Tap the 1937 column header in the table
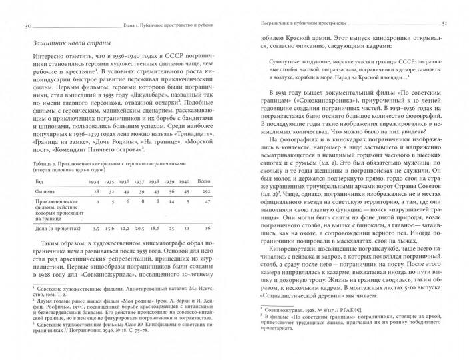pyautogui.click(x=141, y=181)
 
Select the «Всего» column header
pyautogui.click(x=205, y=181)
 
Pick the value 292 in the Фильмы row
pyautogui.click(x=206, y=192)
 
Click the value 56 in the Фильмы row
pyautogui.click(x=173, y=192)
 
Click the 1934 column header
pyautogui.click(x=94, y=181)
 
